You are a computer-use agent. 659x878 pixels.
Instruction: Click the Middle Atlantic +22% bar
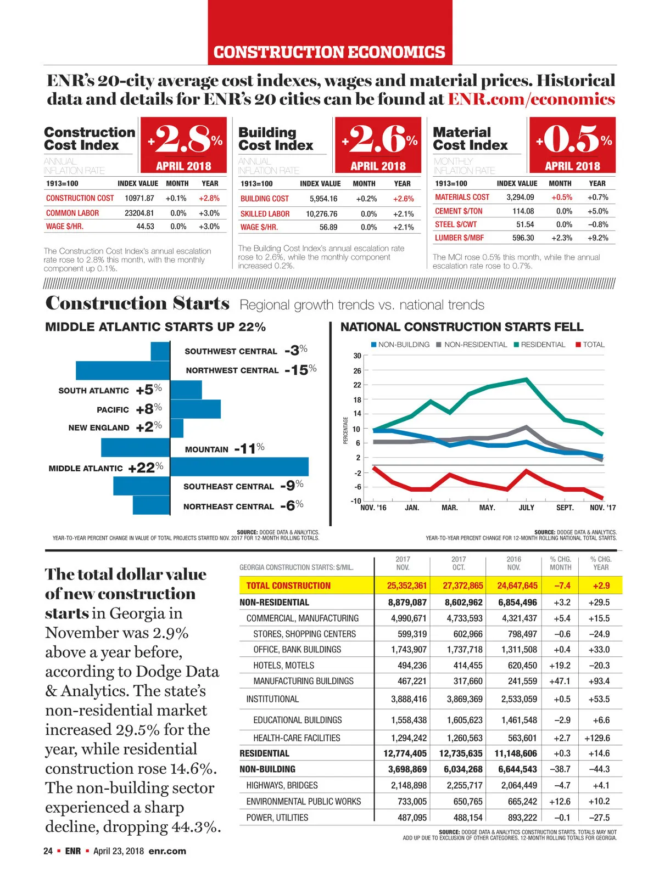coord(239,466)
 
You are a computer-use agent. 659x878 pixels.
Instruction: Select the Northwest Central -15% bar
coord(122,370)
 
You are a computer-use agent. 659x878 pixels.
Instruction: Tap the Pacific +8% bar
coord(196,409)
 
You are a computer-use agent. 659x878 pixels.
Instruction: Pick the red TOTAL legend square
coord(578,345)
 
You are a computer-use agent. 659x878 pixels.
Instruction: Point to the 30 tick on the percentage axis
coord(357,356)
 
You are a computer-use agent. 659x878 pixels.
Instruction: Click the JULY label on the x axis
coord(526,508)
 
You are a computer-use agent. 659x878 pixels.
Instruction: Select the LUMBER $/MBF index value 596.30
coord(523,238)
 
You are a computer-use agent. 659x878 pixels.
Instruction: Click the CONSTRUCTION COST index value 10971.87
coord(139,198)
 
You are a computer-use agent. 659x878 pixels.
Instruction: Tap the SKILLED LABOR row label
coord(265,213)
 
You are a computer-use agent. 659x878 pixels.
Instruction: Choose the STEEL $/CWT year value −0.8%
coord(597,224)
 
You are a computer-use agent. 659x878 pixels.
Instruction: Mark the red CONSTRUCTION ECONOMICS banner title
coord(329,52)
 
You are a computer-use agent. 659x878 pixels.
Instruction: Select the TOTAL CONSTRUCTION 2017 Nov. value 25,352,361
coord(406,586)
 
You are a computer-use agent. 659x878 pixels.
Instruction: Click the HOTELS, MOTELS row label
coord(283,665)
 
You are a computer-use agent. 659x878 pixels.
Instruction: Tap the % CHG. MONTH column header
coord(560,563)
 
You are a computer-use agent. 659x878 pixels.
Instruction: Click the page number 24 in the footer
coord(48,851)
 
